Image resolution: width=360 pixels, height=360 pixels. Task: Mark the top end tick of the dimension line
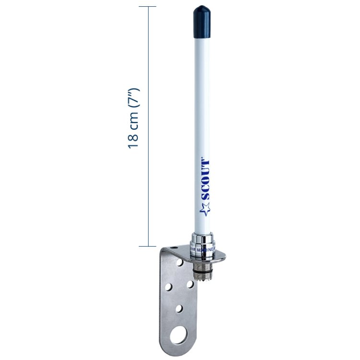coord(148,7)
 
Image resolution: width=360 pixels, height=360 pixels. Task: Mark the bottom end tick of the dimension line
coord(148,246)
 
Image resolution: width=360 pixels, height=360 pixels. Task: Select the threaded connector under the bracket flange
coord(200,271)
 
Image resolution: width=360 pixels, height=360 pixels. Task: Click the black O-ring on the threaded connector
coord(201,265)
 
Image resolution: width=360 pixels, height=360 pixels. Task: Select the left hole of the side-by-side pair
coord(168,288)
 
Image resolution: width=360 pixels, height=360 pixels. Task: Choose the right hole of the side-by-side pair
coord(190,284)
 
